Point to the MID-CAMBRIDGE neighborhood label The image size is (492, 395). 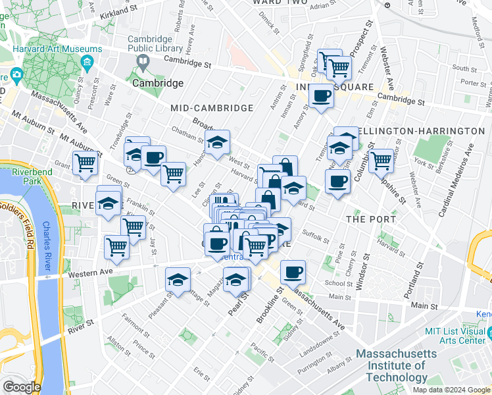pyautogui.click(x=211, y=107)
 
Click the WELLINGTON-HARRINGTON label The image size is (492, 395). pyautogui.click(x=420, y=131)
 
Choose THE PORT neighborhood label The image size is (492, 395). pyautogui.click(x=371, y=219)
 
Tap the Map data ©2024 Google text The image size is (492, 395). pyautogui.click(x=451, y=390)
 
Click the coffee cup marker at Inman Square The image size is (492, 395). pyautogui.click(x=321, y=96)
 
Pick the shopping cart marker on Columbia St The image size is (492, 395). pyautogui.click(x=381, y=159)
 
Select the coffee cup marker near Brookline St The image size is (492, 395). pyautogui.click(x=293, y=271)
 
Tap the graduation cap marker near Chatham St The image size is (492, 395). pyautogui.click(x=217, y=141)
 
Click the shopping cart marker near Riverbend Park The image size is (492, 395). pyautogui.click(x=86, y=163)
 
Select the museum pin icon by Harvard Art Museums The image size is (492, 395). pyautogui.click(x=87, y=63)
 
